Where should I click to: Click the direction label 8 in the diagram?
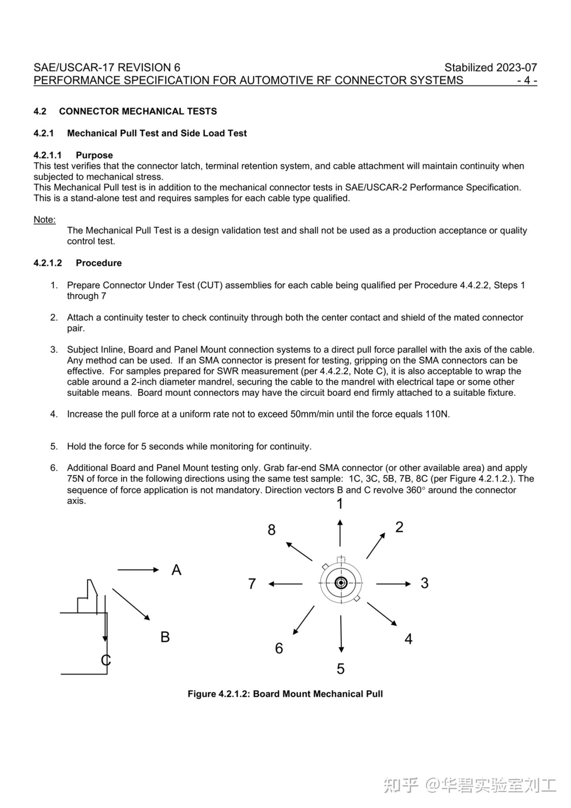(271, 530)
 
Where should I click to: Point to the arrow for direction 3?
(393, 584)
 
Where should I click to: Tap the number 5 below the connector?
(341, 669)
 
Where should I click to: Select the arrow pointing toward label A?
(138, 570)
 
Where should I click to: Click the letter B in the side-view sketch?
(165, 637)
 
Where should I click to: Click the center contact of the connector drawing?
(341, 583)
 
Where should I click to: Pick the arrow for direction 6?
(304, 620)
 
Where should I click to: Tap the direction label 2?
(399, 527)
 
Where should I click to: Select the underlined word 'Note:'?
(44, 220)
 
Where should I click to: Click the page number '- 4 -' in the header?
(527, 80)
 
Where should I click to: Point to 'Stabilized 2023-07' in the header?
(491, 67)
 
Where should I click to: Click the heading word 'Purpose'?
(94, 155)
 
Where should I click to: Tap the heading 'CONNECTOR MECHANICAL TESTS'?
(138, 111)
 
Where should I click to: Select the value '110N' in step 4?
(437, 414)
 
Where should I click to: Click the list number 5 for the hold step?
(54, 446)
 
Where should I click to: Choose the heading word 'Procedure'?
(99, 263)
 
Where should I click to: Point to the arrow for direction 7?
(285, 584)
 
